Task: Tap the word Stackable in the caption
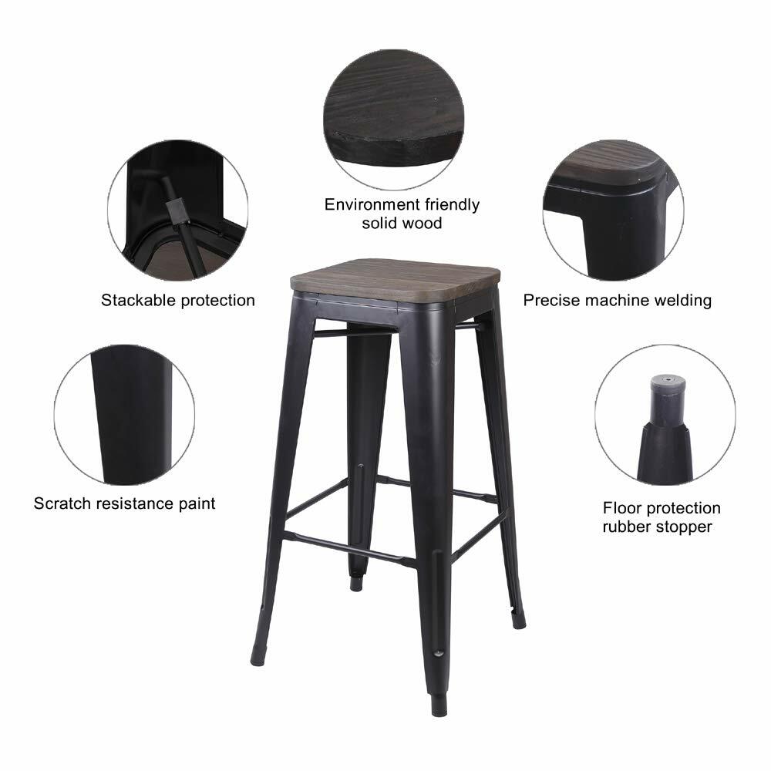pos(137,301)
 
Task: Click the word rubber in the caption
pos(627,527)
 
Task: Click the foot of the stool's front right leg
pos(439,705)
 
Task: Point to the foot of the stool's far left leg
pos(258,655)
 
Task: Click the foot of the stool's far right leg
pos(519,618)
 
